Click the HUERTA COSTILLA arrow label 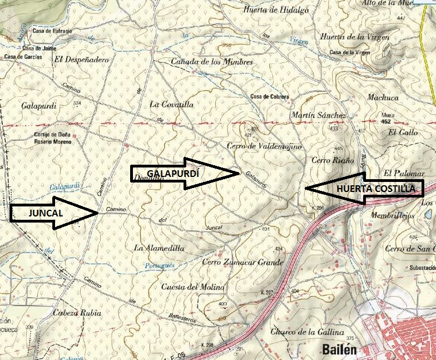tap(375, 189)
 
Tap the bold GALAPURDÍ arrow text tap(173, 174)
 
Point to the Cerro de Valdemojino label tap(264, 146)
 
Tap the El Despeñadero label tap(81, 58)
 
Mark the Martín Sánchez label tap(319, 115)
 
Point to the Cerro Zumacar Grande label tap(243, 262)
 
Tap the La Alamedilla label tap(159, 248)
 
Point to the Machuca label tap(383, 97)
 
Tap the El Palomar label tap(400, 173)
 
